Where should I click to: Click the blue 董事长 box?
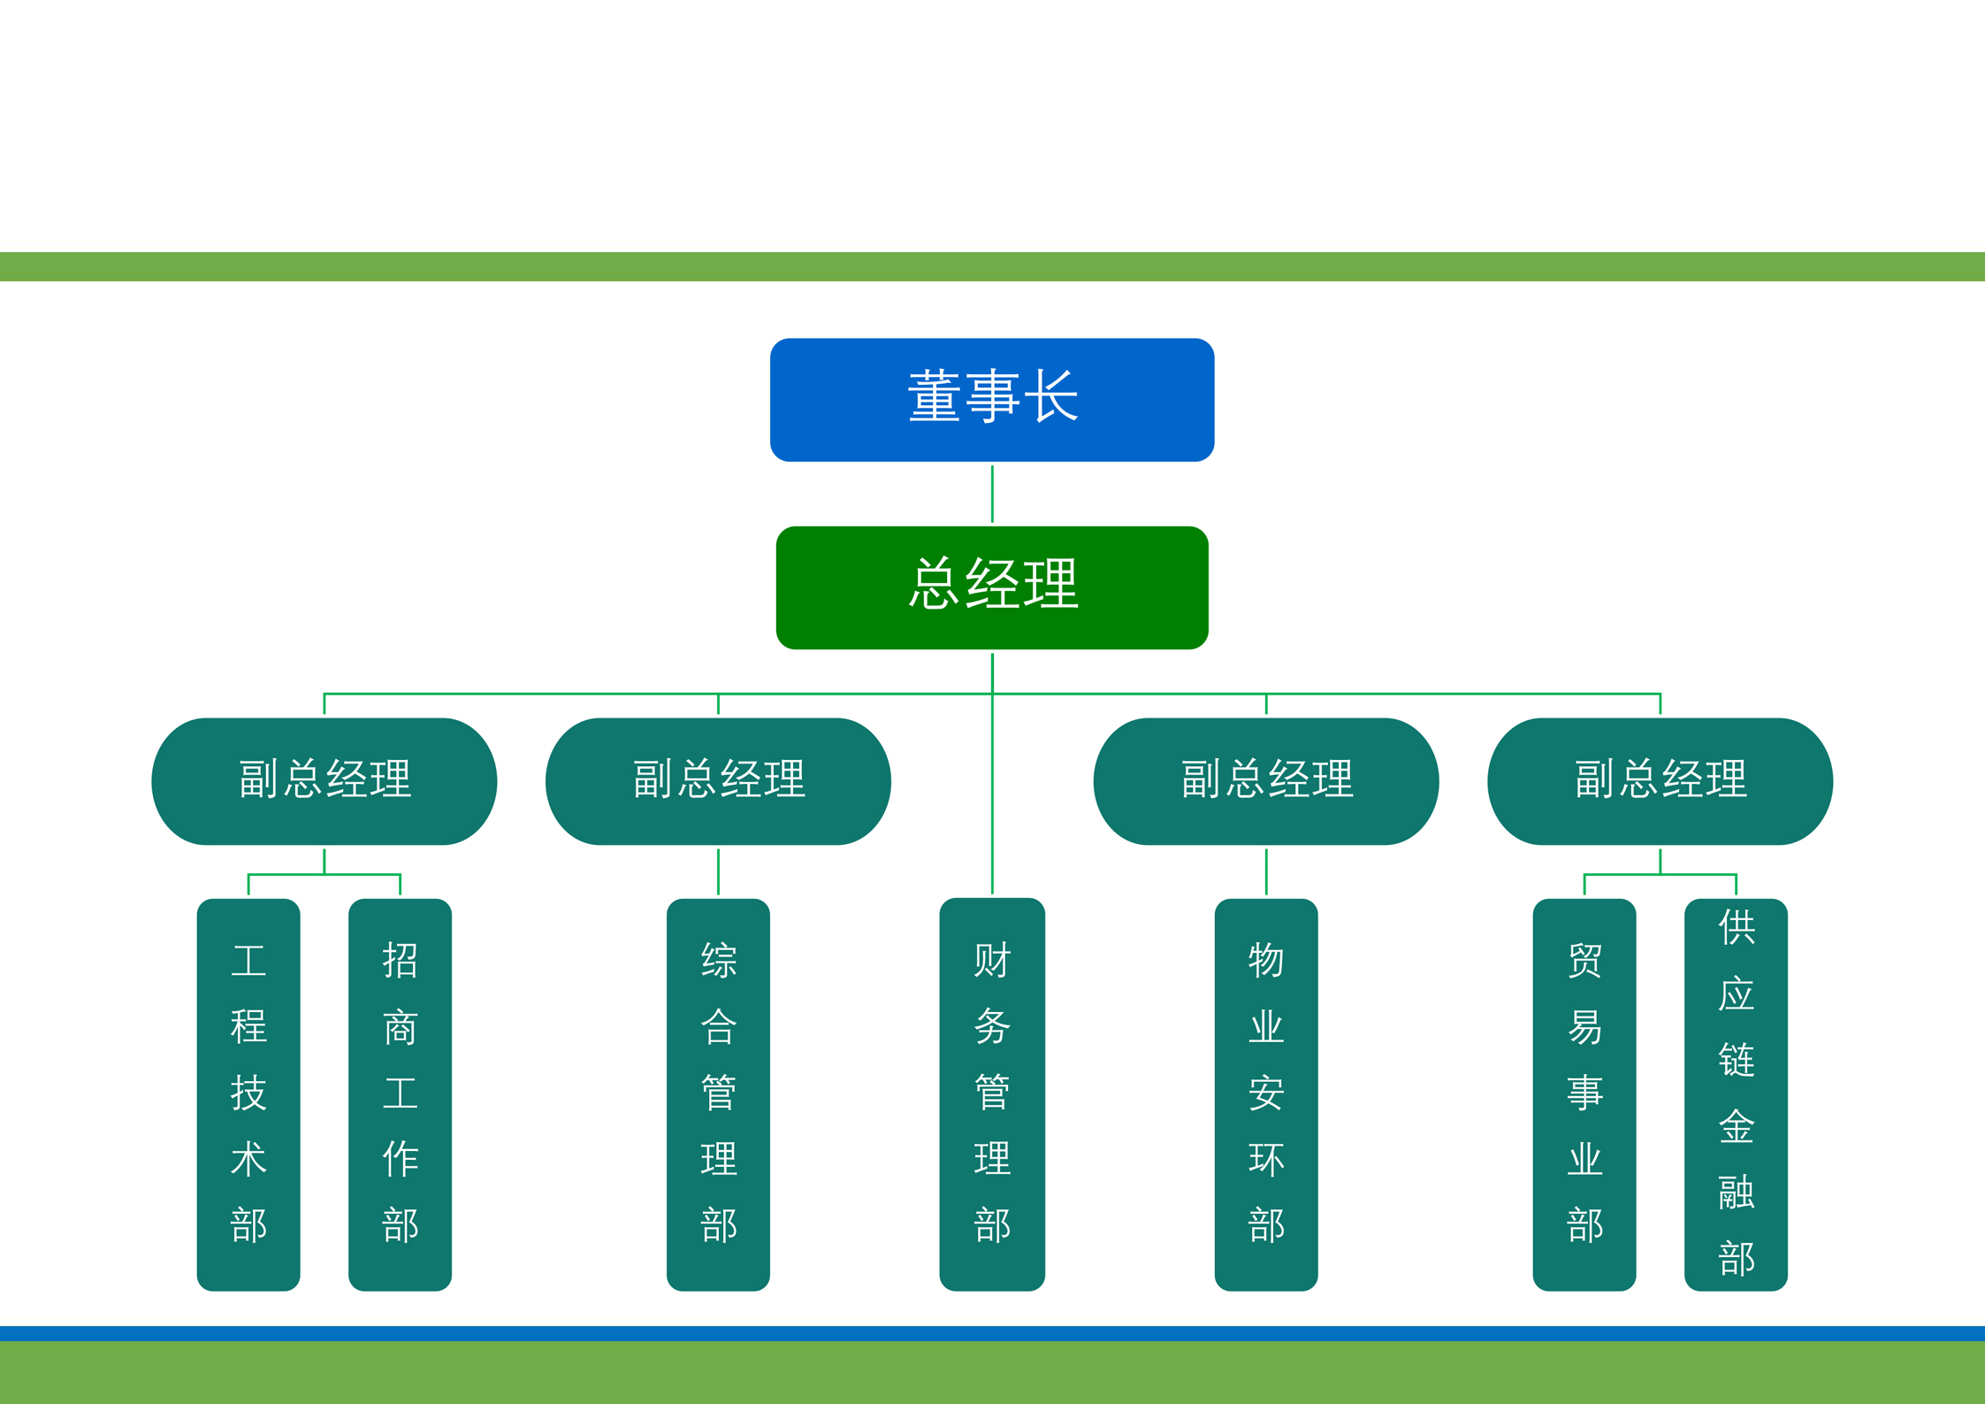991,399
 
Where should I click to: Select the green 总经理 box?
991,587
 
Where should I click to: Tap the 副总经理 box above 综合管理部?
718,780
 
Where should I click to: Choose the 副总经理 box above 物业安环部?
1265,780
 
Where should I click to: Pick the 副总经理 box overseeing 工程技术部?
324,780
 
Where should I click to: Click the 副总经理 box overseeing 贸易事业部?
1660,780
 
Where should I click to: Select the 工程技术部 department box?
248,1094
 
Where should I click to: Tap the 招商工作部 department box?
400,1094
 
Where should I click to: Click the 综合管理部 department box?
718,1094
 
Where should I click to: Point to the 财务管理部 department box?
991,1094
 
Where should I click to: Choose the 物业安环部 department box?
1265,1094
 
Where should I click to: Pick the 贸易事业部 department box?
1584,1094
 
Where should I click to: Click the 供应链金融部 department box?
1736,1094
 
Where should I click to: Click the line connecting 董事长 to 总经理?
992,494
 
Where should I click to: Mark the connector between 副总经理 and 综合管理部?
718,871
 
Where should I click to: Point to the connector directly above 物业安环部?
1266,871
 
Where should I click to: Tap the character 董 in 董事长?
934,397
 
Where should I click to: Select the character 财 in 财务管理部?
991,961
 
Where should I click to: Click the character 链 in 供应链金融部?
1736,1060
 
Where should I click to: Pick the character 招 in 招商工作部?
400,961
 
